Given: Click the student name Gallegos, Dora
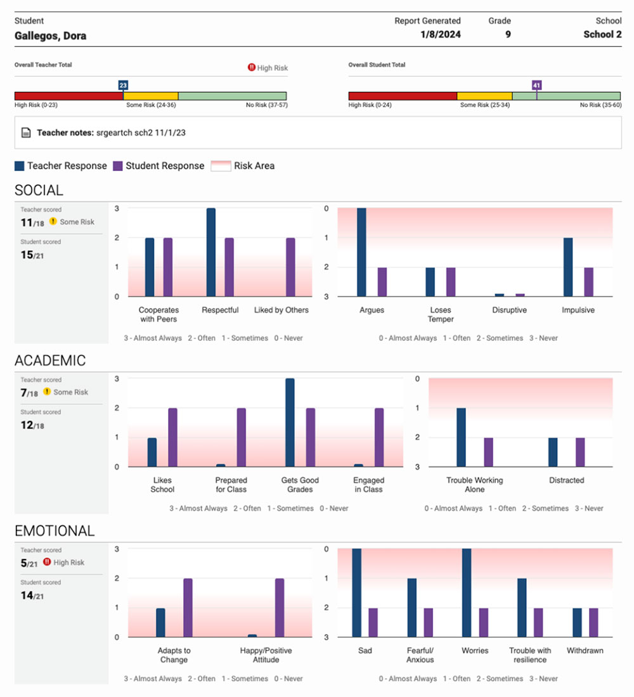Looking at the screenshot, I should click(x=50, y=35).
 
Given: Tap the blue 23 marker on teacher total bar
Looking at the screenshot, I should click(x=123, y=85).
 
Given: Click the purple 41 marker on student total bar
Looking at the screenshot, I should click(x=537, y=85).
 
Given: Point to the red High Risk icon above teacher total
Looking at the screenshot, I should click(x=252, y=68).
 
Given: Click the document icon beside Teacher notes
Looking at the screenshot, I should click(x=26, y=133).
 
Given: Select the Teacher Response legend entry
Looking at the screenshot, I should click(x=61, y=166).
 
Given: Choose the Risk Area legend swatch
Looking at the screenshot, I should click(x=219, y=166).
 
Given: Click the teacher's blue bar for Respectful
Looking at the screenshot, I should click(x=211, y=252).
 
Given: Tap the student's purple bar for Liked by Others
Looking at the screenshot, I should click(x=290, y=267).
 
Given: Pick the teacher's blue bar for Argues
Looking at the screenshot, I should click(x=361, y=252).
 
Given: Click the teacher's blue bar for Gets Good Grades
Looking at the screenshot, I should click(x=290, y=423).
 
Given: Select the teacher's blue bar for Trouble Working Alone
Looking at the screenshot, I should click(x=461, y=437).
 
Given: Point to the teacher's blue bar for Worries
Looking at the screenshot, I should click(x=467, y=592).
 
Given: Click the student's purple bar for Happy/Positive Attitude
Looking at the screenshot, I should click(x=280, y=608).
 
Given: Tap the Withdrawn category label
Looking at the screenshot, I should click(x=585, y=651).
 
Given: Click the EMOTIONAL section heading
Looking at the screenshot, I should click(x=55, y=531).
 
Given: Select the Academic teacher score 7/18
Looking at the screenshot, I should click(x=29, y=393).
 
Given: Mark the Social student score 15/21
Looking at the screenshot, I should click(x=32, y=255).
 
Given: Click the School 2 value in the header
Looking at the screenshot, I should click(x=602, y=35).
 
